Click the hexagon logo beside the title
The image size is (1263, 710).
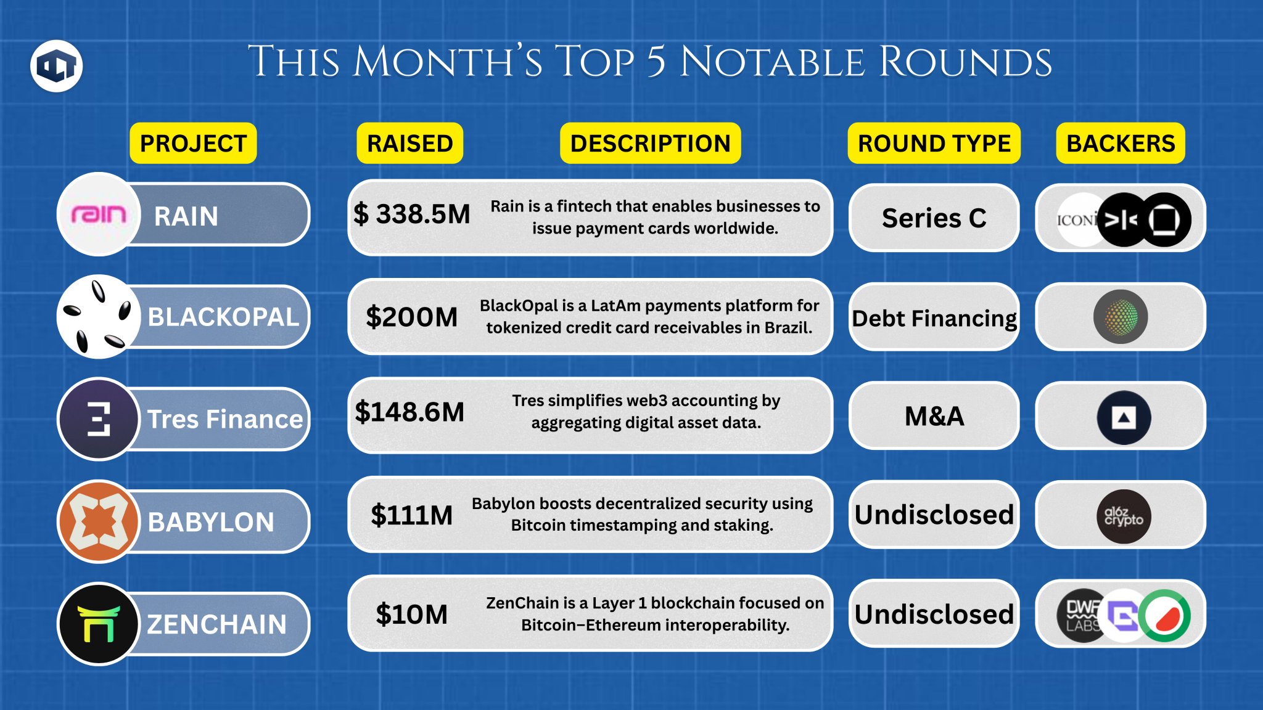[x=56, y=66]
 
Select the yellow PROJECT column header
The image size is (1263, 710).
[x=193, y=143]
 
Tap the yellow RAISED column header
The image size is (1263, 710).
[x=409, y=143]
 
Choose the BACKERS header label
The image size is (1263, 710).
[x=1121, y=143]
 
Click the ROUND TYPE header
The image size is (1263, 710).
[x=934, y=143]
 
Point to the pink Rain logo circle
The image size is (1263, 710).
[x=99, y=214]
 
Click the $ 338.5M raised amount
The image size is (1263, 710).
[x=411, y=214]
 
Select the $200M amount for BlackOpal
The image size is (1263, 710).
[x=411, y=317]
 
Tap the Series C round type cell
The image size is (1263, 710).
[x=934, y=218]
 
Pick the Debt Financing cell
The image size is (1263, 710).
[x=934, y=317]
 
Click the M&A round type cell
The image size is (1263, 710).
[x=934, y=416]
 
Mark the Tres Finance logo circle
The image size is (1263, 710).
[x=99, y=419]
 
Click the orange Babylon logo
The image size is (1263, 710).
[x=99, y=521]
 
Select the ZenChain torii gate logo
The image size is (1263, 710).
[x=99, y=624]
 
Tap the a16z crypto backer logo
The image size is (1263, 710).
[x=1124, y=516]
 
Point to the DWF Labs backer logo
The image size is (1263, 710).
[x=1080, y=616]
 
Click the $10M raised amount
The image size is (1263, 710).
[x=411, y=614]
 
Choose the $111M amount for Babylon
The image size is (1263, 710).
[x=411, y=515]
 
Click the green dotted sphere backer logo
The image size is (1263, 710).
[x=1121, y=317]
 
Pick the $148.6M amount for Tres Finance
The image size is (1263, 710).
[x=409, y=412]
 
